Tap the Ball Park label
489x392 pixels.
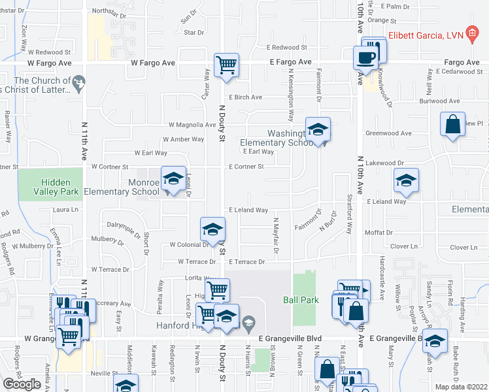click(x=301, y=300)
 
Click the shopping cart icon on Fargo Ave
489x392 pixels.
click(x=227, y=65)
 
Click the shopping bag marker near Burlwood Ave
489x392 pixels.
click(x=452, y=124)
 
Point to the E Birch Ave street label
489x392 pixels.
click(x=245, y=97)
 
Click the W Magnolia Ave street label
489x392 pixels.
click(x=192, y=125)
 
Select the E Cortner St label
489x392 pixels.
click(x=246, y=167)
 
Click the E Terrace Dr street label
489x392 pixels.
click(x=246, y=262)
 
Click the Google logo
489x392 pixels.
click(x=22, y=384)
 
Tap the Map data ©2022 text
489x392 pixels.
click(x=462, y=387)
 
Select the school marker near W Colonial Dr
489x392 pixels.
click(x=212, y=229)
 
